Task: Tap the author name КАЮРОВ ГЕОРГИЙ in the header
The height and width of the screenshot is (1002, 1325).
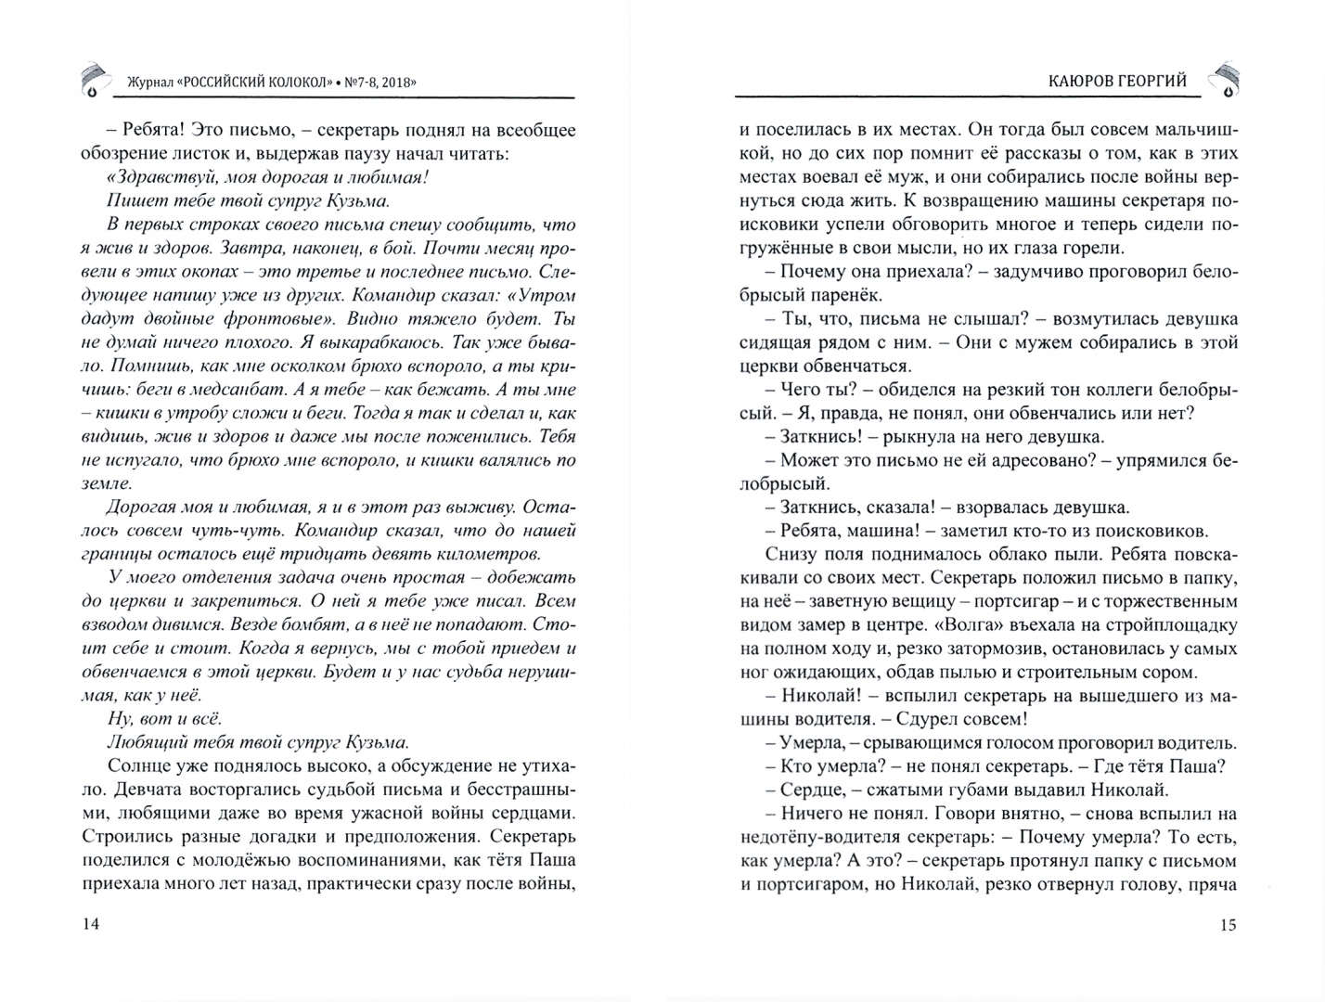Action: click(1111, 82)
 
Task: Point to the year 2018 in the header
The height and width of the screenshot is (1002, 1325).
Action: click(393, 82)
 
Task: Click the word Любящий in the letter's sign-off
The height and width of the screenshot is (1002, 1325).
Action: click(145, 742)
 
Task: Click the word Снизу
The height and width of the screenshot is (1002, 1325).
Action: click(791, 555)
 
